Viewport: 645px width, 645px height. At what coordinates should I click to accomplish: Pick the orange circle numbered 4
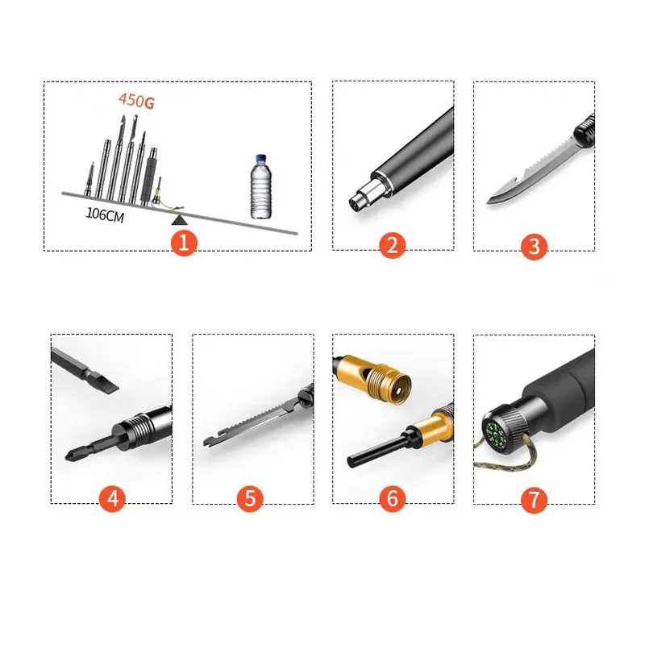pyautogui.click(x=113, y=497)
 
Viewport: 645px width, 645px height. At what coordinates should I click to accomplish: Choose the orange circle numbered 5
pyautogui.click(x=251, y=497)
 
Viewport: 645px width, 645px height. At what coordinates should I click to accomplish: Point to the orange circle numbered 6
pyautogui.click(x=393, y=497)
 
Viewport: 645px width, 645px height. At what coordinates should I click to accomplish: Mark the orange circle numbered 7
pyautogui.click(x=533, y=497)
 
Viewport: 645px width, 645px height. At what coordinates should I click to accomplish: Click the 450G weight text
pyautogui.click(x=136, y=102)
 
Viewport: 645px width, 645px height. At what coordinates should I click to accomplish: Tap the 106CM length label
pyautogui.click(x=105, y=215)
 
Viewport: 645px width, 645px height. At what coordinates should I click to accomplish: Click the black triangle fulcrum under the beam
pyautogui.click(x=179, y=218)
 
